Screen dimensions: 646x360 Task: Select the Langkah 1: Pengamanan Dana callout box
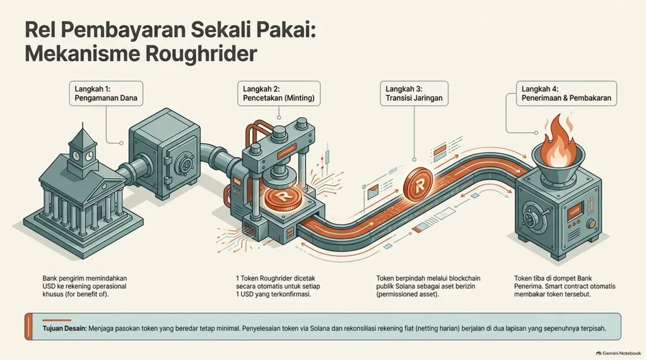tap(106, 93)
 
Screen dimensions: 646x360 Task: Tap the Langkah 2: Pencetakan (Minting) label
tap(279, 93)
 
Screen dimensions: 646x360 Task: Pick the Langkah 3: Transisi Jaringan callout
tap(414, 93)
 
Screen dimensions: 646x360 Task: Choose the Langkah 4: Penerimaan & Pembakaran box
tap(567, 93)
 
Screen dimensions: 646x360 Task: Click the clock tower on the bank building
tap(83, 148)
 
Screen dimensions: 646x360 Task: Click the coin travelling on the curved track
tap(419, 185)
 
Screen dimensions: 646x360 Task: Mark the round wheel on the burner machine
tap(534, 217)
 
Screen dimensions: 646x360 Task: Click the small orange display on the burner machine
tap(576, 212)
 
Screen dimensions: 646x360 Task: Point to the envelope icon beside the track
tap(372, 192)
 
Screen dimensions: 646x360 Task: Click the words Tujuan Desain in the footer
tap(64, 328)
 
